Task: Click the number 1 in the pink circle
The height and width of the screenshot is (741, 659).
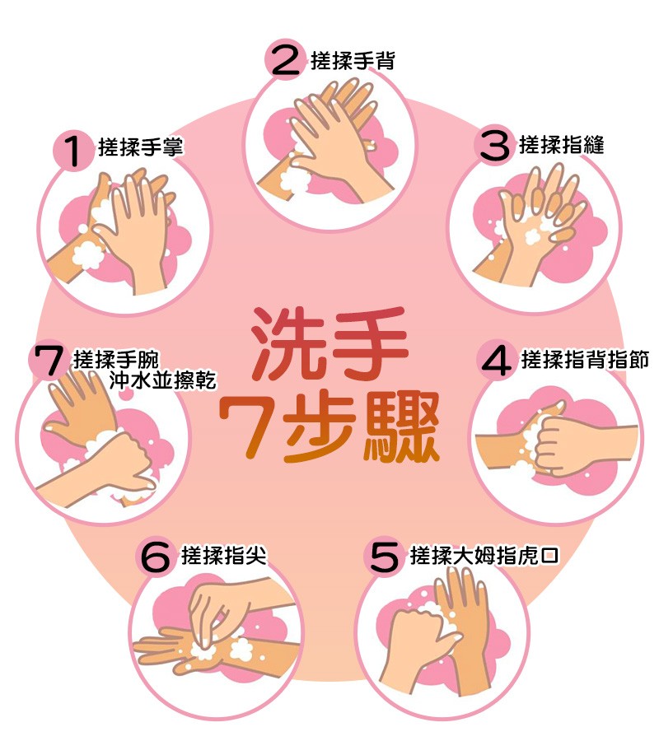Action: pos(72,151)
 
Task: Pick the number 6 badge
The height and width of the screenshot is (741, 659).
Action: pos(157,557)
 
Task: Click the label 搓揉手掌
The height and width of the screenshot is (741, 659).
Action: pos(140,147)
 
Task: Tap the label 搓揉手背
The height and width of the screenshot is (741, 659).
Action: pos(352,61)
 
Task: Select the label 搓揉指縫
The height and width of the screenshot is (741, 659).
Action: pos(562,145)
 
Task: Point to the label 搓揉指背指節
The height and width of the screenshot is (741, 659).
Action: pos(585,360)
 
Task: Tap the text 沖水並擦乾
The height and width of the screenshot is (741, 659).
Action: pos(162,380)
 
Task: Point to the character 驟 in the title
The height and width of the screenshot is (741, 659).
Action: pos(400,428)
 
